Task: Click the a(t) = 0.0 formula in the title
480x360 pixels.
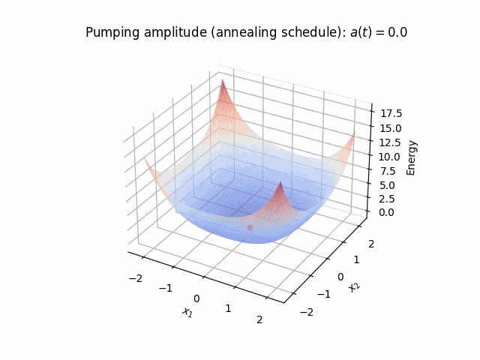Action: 379,33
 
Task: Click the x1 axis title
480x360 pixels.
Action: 187,312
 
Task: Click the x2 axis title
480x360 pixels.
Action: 353,286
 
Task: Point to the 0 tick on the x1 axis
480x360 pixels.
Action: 197,298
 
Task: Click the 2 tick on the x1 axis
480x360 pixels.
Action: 259,319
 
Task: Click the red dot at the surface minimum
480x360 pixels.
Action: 250,227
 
